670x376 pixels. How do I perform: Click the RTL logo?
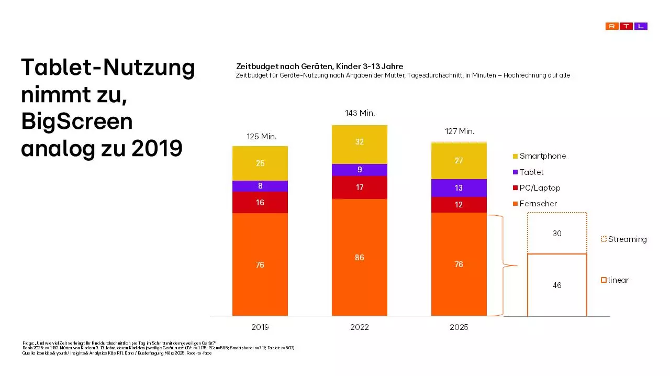[626, 26]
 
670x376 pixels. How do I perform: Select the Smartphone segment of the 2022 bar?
[360, 144]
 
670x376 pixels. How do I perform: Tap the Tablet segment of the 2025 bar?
[459, 188]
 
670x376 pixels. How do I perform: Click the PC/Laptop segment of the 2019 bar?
[260, 202]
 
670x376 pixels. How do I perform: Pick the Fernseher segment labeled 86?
[360, 258]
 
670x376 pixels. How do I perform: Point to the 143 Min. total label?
[360, 113]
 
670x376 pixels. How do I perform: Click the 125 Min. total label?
[262, 137]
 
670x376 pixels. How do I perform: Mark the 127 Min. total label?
[459, 131]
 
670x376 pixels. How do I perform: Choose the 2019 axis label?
[260, 327]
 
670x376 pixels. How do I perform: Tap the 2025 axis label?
[459, 327]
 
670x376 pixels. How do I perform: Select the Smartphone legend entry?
[539, 156]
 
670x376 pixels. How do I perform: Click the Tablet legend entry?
[528, 172]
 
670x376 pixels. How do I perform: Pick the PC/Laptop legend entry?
[536, 188]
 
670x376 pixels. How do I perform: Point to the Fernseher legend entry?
[534, 204]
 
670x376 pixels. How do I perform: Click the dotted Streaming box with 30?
[557, 234]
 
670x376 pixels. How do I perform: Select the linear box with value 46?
[557, 285]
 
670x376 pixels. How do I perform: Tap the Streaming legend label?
[627, 239]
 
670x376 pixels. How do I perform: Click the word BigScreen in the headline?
[77, 121]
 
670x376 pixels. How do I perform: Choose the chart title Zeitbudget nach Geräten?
[319, 67]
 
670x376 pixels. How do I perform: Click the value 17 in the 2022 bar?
[360, 187]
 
